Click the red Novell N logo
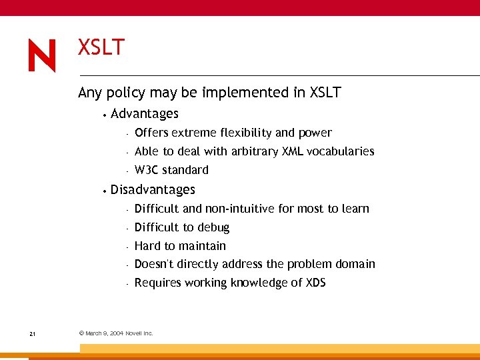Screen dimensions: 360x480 tap(42, 55)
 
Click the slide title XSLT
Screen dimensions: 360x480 tap(101, 48)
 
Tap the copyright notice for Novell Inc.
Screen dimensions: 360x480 tap(116, 333)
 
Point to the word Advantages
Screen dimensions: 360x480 tap(145, 114)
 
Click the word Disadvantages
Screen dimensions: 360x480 tap(153, 190)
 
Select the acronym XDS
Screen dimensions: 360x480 tap(315, 283)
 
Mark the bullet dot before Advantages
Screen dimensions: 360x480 tap(105, 115)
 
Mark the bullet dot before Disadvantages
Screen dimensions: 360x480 tap(105, 191)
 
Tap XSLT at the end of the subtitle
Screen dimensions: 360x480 tap(325, 93)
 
